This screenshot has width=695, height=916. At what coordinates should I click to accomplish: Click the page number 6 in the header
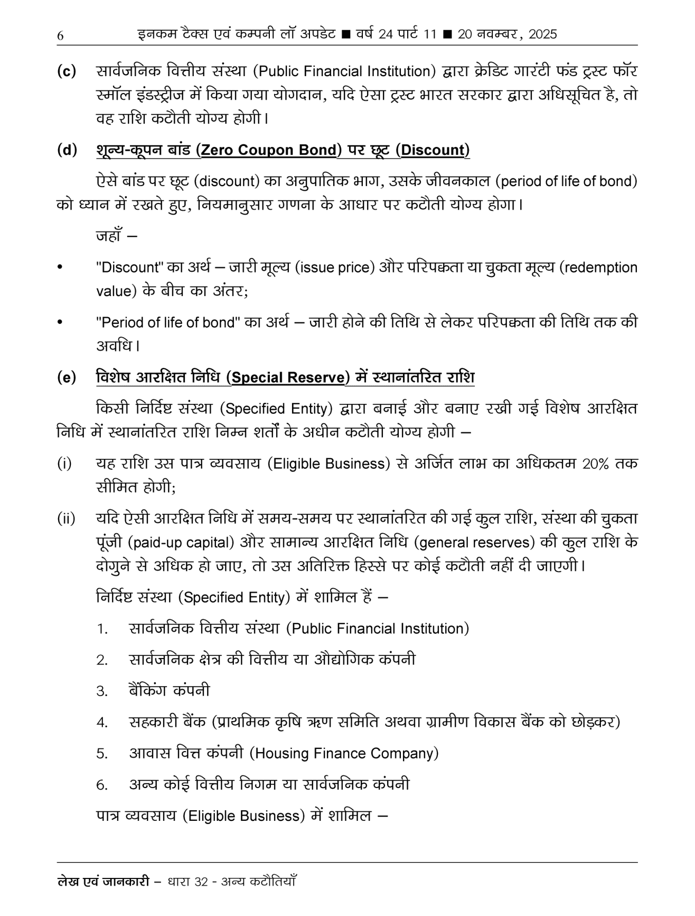pyautogui.click(x=60, y=35)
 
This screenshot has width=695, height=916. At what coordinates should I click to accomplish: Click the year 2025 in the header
pyautogui.click(x=542, y=34)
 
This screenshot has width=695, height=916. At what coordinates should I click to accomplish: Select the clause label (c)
pyautogui.click(x=67, y=71)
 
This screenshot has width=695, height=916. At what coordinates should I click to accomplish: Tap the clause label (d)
pyautogui.click(x=67, y=150)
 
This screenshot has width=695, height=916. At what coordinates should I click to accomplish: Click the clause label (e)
pyautogui.click(x=67, y=378)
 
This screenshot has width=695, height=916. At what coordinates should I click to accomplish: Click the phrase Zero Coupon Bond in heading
pyautogui.click(x=269, y=150)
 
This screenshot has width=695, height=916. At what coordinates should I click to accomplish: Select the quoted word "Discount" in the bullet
pyautogui.click(x=129, y=267)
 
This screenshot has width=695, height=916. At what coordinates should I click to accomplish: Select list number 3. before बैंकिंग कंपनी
pyautogui.click(x=102, y=691)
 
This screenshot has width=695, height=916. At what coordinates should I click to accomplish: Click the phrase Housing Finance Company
pyautogui.click(x=344, y=753)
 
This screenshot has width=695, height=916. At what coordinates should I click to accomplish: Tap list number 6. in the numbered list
pyautogui.click(x=102, y=785)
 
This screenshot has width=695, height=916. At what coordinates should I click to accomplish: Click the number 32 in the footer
pyautogui.click(x=202, y=882)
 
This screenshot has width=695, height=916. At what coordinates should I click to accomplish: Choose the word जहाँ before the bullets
pyautogui.click(x=110, y=235)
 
